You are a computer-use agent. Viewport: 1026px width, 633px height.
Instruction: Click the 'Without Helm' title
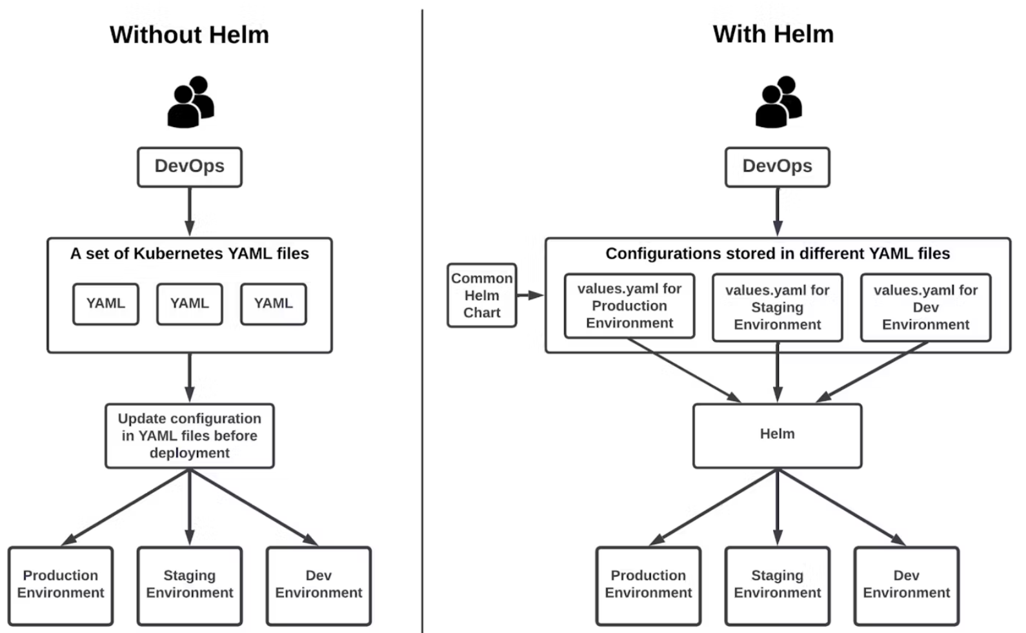coord(189,35)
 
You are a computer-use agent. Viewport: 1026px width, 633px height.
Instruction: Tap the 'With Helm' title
coord(773,34)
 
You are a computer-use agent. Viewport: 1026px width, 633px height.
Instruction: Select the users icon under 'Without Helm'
coord(190,102)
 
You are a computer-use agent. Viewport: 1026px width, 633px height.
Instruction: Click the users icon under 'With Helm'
coord(778,102)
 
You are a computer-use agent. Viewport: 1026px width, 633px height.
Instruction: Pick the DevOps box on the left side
coord(190,167)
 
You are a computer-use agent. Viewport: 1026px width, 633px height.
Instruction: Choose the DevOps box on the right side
coord(778,167)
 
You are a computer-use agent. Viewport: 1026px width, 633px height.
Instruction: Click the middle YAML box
coord(190,304)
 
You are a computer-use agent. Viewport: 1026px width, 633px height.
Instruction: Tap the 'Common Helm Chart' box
coord(482,295)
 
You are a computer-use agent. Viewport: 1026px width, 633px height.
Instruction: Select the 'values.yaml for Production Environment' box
coord(629,306)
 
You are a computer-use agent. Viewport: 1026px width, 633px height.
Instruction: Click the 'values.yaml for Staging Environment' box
coord(778,307)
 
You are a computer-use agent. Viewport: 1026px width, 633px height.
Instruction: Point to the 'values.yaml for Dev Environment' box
coord(926,307)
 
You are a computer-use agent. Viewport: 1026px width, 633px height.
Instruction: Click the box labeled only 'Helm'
coord(778,436)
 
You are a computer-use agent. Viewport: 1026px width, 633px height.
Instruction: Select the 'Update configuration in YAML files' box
coord(190,436)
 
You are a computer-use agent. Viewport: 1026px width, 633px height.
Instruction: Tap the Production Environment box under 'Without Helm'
coord(61,586)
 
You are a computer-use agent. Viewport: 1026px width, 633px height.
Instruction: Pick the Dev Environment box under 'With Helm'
coord(907,586)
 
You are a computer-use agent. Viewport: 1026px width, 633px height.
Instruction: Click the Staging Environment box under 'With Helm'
coord(778,586)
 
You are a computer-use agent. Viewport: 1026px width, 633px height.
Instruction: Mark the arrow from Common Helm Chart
coord(530,295)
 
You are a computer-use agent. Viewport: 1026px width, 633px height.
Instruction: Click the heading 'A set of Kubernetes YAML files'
coord(190,253)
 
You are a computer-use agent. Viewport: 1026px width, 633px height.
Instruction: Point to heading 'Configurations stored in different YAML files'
coord(778,253)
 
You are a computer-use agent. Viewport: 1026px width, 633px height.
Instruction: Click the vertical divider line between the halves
coord(422,320)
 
